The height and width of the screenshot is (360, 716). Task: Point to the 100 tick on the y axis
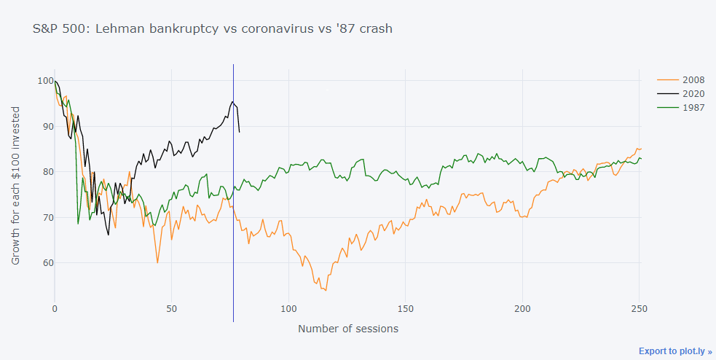(x=42, y=81)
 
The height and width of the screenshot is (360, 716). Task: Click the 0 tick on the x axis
(x=55, y=309)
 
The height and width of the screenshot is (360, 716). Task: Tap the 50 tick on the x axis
(x=171, y=309)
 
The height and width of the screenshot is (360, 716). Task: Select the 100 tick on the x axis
(x=288, y=309)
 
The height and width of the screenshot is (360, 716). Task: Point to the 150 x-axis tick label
(x=406, y=309)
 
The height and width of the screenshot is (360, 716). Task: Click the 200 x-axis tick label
(x=523, y=309)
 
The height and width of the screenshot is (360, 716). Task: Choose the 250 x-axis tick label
(x=640, y=309)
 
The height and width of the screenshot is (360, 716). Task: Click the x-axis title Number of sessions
(x=348, y=329)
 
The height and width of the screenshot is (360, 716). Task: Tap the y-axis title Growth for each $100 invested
(x=16, y=185)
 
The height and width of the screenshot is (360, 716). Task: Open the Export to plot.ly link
(x=675, y=351)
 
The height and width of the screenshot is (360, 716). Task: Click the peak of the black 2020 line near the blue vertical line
(x=232, y=101)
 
